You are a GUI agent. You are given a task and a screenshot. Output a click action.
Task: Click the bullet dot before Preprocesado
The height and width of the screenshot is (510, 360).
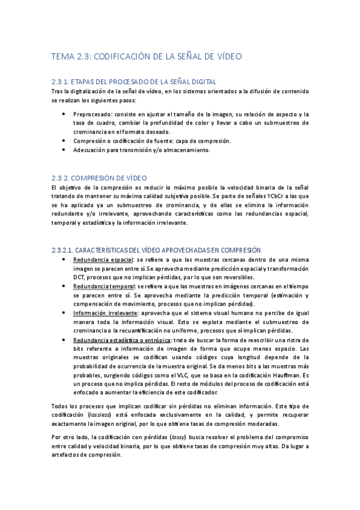pyautogui.click(x=64, y=114)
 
